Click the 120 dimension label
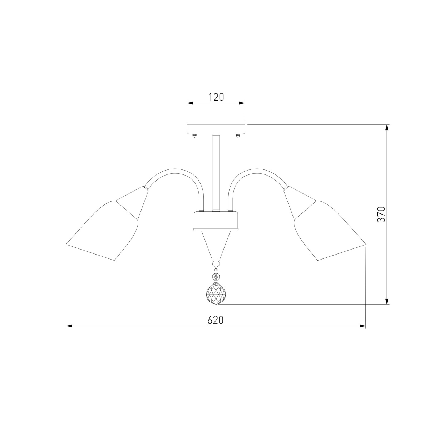[x=216, y=97]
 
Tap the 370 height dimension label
[x=381, y=214]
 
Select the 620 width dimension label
[x=215, y=320]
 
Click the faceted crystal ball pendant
[x=216, y=294]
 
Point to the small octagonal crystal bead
[x=216, y=276]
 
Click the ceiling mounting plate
[x=216, y=129]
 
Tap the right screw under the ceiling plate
[x=238, y=135]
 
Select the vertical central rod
[x=216, y=172]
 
